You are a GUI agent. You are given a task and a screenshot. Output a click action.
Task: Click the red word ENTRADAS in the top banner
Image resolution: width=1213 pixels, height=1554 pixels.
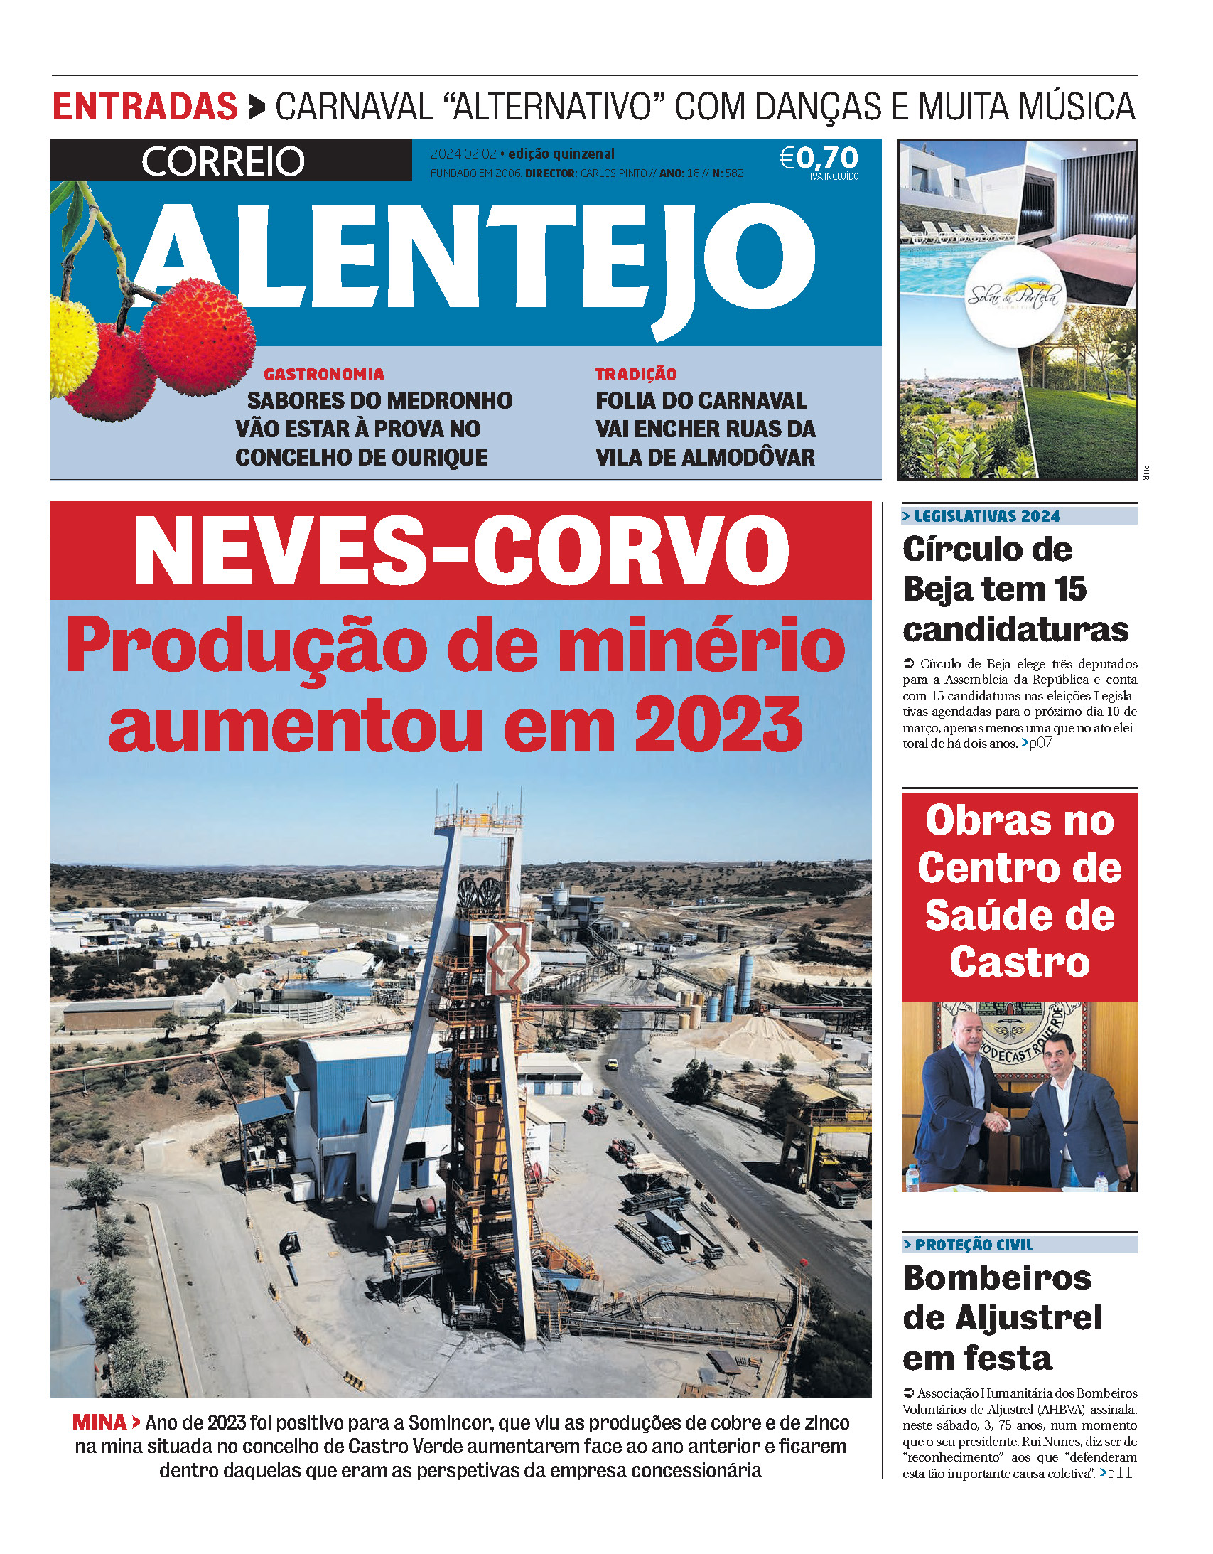coord(144,107)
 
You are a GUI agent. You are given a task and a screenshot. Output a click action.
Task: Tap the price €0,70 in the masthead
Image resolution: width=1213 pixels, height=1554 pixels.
coord(819,158)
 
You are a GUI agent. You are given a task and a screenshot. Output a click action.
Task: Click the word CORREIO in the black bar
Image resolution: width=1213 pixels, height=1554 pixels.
coord(222,161)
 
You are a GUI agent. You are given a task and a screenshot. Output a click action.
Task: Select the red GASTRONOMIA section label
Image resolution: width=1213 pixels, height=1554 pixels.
coord(324,374)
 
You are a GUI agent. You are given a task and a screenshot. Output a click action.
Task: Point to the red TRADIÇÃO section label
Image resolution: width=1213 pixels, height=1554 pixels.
coord(635,374)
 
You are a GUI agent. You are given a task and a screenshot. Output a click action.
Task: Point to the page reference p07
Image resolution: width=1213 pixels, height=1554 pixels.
coord(1040,744)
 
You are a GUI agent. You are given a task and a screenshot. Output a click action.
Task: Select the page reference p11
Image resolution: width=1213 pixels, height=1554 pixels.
coord(1119,1473)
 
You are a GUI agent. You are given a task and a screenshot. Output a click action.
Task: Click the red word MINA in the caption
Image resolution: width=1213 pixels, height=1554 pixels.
coord(99,1422)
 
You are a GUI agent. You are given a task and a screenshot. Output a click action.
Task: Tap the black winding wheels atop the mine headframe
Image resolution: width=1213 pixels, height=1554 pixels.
coord(480,891)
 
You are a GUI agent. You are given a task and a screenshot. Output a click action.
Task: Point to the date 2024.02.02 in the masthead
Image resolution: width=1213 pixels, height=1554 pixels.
coord(463,154)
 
